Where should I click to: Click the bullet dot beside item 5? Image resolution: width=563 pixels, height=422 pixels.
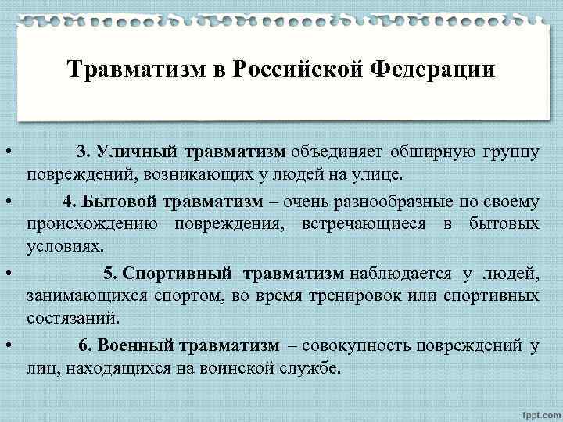[6, 274]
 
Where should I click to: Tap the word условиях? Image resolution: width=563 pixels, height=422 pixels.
[65, 246]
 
